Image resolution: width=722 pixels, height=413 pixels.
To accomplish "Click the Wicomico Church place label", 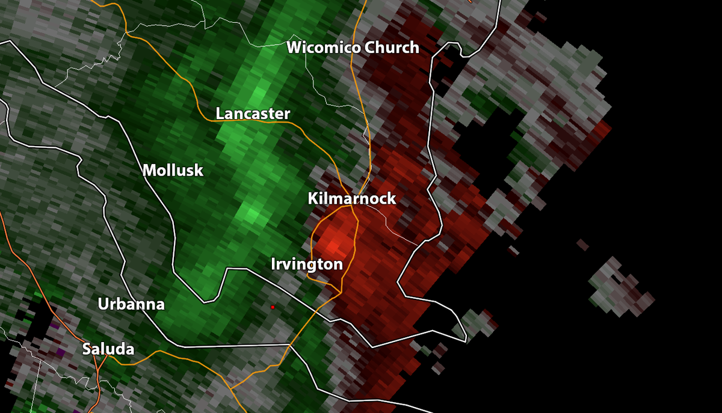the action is click(x=353, y=48).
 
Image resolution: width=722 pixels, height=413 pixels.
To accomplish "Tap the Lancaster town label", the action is click(x=253, y=114).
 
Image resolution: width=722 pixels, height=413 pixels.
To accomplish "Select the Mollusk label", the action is click(x=173, y=171).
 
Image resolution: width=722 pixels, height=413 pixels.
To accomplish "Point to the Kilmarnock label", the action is click(x=352, y=198).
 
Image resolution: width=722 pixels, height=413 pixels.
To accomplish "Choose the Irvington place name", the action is click(x=307, y=264).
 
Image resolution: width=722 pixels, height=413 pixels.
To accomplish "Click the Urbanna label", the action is click(x=131, y=304).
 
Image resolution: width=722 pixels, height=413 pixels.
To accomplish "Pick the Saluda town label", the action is click(x=108, y=349).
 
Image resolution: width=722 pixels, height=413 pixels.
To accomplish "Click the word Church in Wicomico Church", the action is click(x=390, y=48).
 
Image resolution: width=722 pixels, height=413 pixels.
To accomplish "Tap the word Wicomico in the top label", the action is click(x=319, y=48).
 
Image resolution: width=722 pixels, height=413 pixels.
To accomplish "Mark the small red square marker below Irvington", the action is click(x=273, y=307).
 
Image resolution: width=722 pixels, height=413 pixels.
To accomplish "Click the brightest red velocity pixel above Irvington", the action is click(x=333, y=245).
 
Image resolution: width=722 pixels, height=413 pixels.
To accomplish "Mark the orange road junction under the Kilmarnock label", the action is click(x=352, y=206).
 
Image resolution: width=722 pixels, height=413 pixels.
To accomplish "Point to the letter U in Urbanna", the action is click(x=103, y=304).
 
